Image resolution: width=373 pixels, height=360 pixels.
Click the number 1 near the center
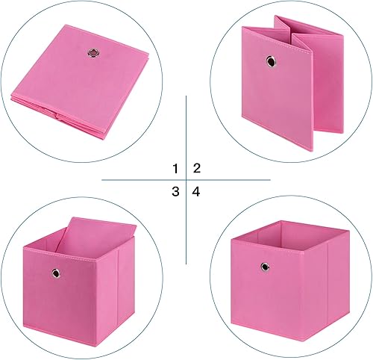coord(176,168)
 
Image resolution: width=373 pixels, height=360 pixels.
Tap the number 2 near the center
coord(197,168)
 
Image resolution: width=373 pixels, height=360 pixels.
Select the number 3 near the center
coord(176,192)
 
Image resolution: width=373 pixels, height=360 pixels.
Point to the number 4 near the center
coord(197,192)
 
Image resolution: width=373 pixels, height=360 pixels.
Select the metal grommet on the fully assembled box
coord(264,265)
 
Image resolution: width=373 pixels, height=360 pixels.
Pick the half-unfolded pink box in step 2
coord(283,82)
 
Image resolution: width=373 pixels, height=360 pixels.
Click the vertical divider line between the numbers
coord(186,134)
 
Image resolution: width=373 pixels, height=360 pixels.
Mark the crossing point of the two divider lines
coord(186,180)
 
